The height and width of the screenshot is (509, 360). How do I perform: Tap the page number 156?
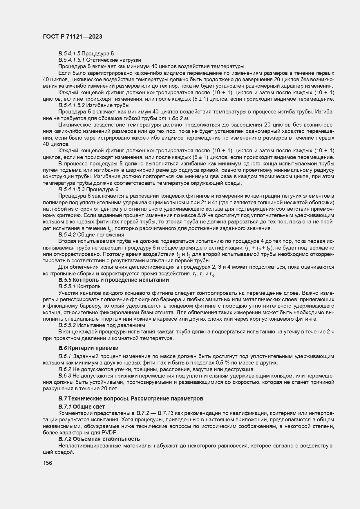[x=47, y=463]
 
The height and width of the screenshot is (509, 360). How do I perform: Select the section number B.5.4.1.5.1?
[x=71, y=60]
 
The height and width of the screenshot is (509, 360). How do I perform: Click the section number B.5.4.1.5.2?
[x=71, y=105]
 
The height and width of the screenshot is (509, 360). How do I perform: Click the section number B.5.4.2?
[x=67, y=234]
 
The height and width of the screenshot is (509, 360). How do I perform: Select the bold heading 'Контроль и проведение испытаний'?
[x=120, y=280]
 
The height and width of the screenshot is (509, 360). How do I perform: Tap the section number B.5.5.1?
[x=67, y=286]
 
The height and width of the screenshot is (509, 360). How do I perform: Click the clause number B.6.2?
[x=65, y=369]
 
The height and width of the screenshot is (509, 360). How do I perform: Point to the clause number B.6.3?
[x=65, y=376]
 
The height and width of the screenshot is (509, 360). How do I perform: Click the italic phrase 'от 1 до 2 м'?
[x=173, y=118]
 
